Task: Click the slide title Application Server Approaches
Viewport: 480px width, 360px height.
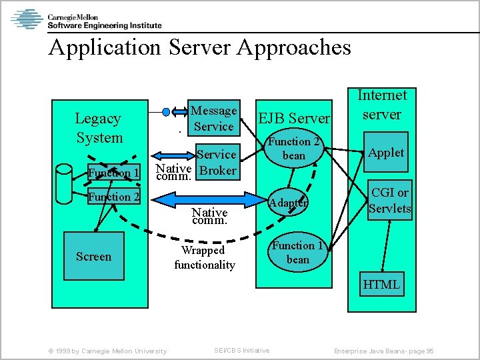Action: (199, 47)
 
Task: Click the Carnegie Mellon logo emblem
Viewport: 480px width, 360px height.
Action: (27, 19)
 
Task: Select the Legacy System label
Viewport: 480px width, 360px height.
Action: (99, 128)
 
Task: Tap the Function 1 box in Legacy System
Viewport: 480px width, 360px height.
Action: (114, 173)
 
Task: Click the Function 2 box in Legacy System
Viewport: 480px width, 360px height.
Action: (114, 197)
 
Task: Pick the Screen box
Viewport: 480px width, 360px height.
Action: (93, 257)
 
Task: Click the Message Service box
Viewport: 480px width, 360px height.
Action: (213, 119)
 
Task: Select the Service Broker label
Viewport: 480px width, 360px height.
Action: (217, 162)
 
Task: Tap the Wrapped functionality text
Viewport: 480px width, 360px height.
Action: (205, 258)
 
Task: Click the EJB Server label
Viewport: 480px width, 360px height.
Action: (294, 119)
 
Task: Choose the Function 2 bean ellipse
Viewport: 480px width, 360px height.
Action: (294, 149)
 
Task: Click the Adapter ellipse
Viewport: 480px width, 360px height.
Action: (289, 202)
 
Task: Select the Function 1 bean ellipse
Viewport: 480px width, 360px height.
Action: (297, 253)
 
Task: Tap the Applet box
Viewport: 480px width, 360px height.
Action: (386, 153)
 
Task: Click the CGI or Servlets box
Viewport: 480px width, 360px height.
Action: (389, 201)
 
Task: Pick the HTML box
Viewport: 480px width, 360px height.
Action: (381, 285)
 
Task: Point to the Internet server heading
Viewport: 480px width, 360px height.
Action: (381, 105)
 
